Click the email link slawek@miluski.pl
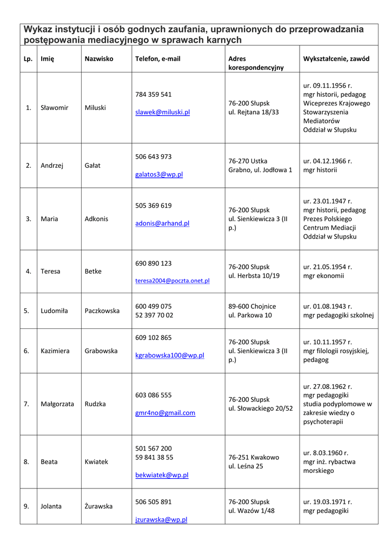click(x=162, y=113)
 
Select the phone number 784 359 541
click(x=153, y=94)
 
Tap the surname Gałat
click(x=92, y=166)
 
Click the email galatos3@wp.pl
click(x=159, y=175)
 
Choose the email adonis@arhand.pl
click(x=162, y=223)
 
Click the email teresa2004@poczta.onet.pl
click(x=172, y=281)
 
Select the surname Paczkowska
click(x=102, y=311)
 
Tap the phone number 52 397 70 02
click(x=154, y=315)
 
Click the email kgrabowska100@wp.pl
click(x=169, y=355)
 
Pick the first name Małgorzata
click(x=57, y=404)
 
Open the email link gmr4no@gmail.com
click(x=165, y=413)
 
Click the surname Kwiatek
click(x=96, y=462)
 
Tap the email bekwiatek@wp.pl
click(x=162, y=475)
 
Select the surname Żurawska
click(x=98, y=506)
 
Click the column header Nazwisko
click(x=99, y=58)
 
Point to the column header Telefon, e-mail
click(x=158, y=58)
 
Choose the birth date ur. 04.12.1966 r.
click(x=327, y=161)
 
